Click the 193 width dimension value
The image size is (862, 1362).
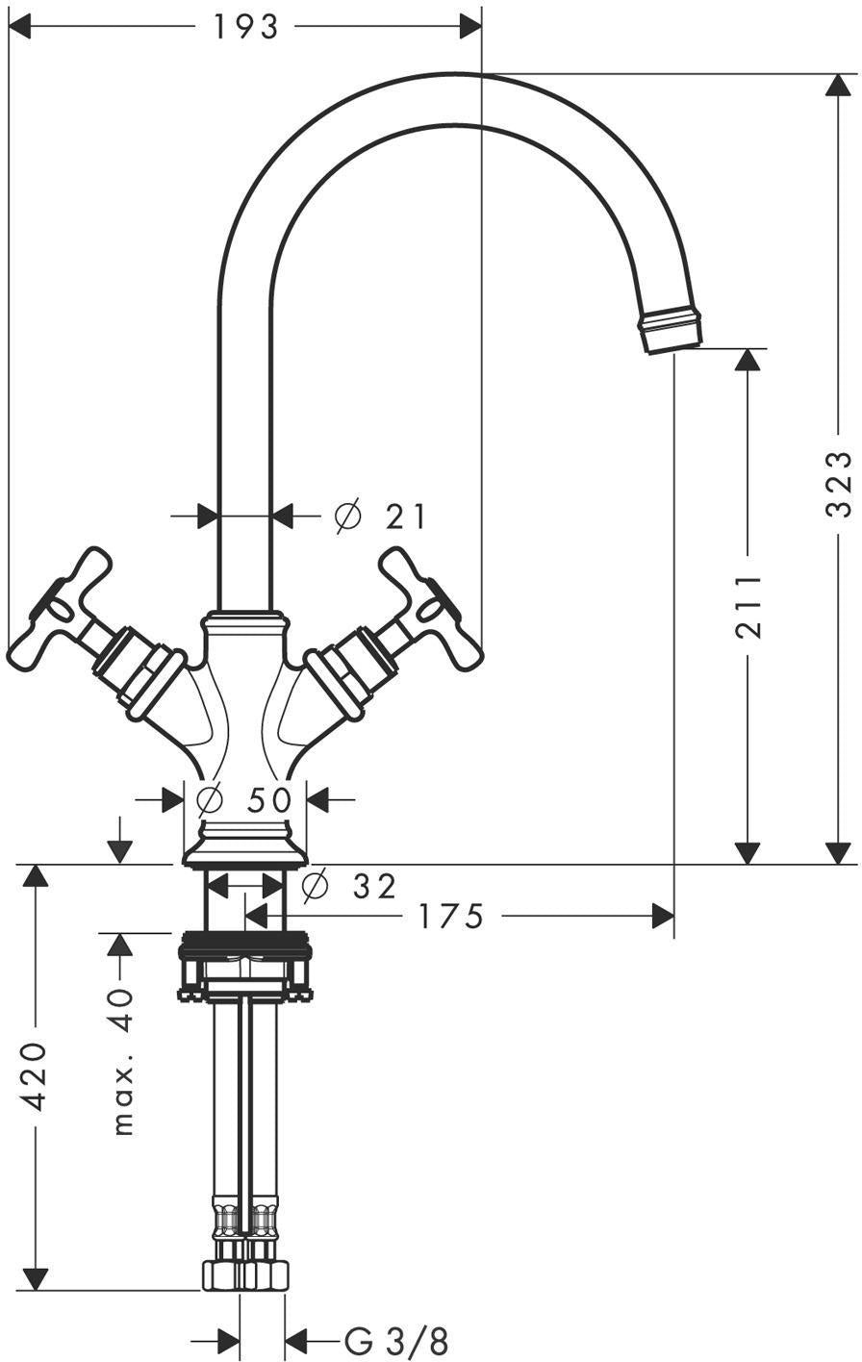[245, 27]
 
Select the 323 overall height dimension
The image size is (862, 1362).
[839, 484]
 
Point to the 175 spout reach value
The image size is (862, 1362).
[451, 916]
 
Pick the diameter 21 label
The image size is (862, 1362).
[381, 517]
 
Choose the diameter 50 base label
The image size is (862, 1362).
[244, 799]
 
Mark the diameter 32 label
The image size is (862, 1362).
[350, 886]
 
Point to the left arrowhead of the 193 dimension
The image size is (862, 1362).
[19, 27]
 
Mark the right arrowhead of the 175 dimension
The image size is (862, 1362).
[663, 915]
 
